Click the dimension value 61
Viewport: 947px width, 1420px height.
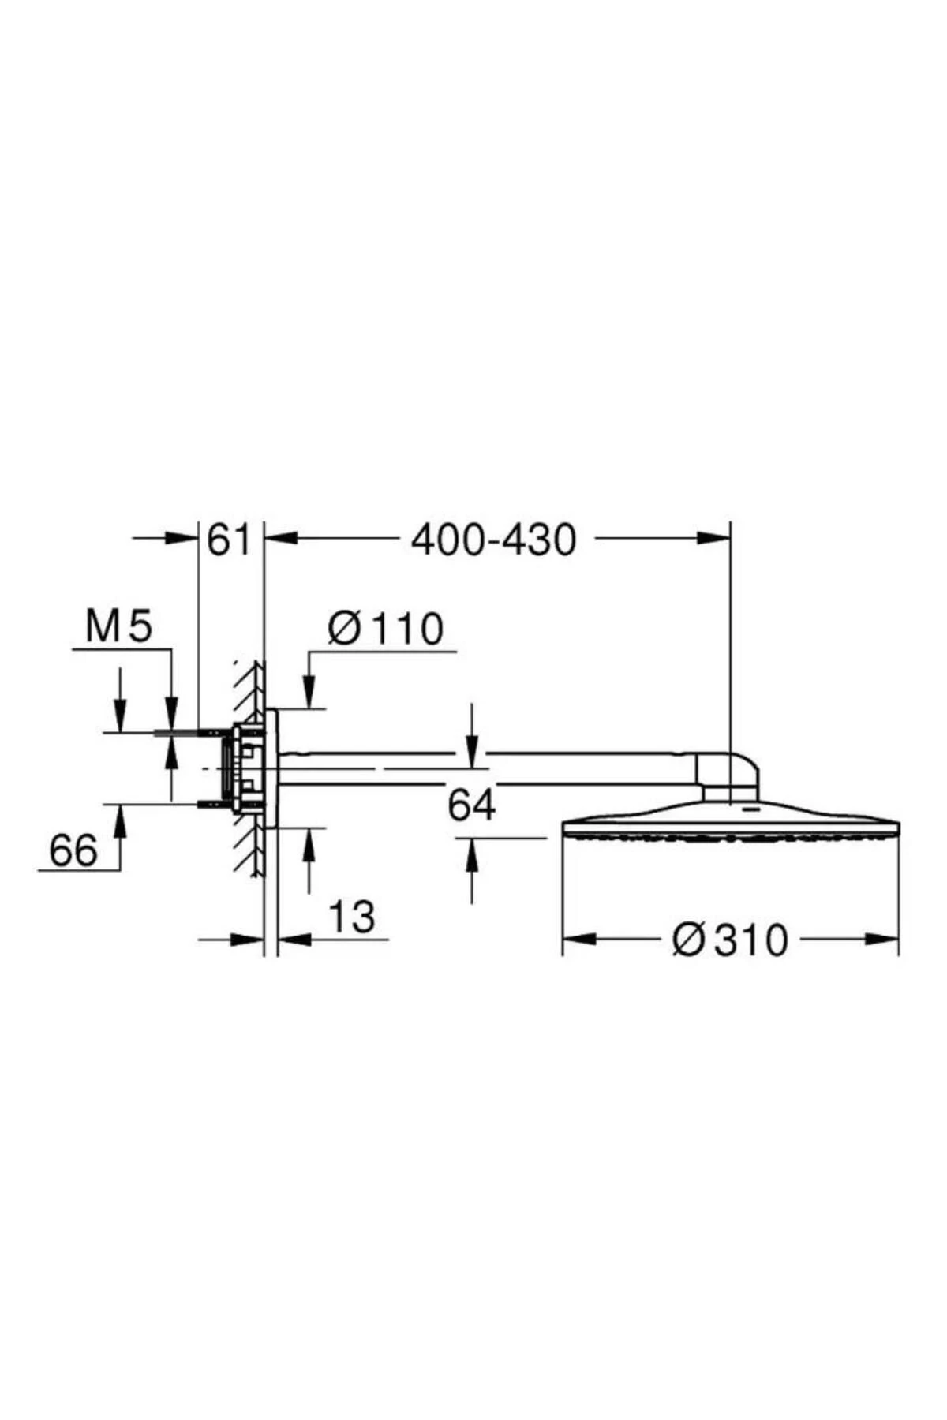coord(228,540)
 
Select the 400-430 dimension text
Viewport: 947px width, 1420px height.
coord(494,540)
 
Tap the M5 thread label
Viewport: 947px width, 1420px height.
coord(119,628)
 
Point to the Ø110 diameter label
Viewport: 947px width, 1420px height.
coord(386,630)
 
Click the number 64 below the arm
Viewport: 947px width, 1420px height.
coord(471,806)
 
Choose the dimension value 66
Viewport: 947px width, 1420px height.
coord(73,850)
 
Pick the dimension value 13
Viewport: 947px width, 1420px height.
coord(351,917)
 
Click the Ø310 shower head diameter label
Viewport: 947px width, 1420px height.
coord(730,940)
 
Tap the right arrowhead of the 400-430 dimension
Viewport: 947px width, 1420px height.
coord(714,538)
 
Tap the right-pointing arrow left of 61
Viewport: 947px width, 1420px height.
coord(181,538)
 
